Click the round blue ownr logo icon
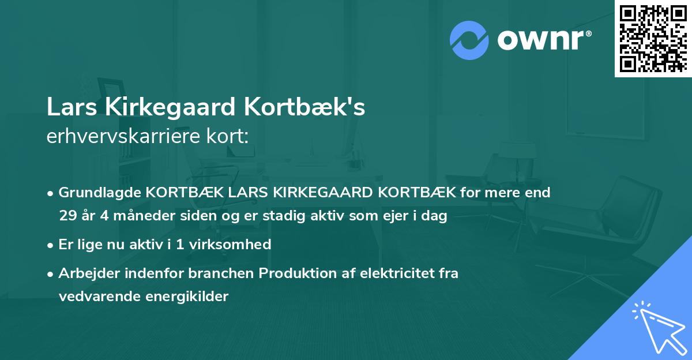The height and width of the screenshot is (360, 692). [469, 40]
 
